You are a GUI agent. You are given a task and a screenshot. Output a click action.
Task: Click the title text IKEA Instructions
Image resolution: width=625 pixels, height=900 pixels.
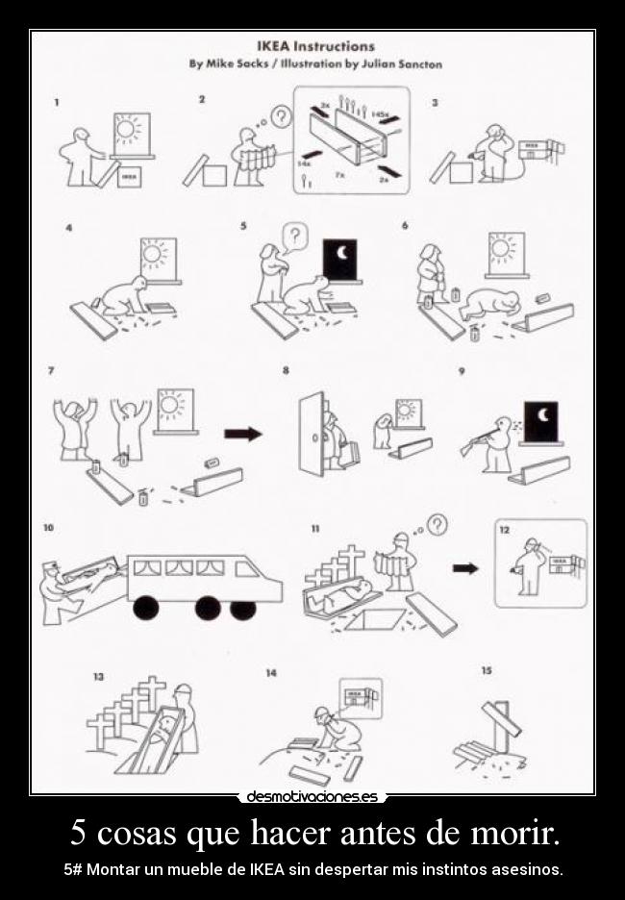pyautogui.click(x=314, y=45)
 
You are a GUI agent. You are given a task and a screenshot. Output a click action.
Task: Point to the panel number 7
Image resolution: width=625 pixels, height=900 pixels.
pyautogui.click(x=50, y=371)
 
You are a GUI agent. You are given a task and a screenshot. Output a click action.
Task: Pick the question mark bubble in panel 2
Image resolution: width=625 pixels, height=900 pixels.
pyautogui.click(x=280, y=117)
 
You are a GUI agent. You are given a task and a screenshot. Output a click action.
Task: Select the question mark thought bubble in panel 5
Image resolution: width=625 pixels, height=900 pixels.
pyautogui.click(x=296, y=236)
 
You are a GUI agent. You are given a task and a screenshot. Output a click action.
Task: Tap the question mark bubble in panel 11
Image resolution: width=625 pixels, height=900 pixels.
pyautogui.click(x=437, y=524)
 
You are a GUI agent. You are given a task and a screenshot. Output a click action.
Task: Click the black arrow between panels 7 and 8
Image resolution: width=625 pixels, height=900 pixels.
pyautogui.click(x=242, y=434)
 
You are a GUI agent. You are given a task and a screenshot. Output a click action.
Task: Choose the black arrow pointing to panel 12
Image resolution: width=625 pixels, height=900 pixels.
pyautogui.click(x=465, y=568)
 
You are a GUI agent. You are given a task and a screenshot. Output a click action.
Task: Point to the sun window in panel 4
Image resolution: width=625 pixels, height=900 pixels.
pyautogui.click(x=159, y=258)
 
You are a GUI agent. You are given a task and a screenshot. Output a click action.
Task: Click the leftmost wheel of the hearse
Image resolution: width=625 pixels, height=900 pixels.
pyautogui.click(x=147, y=608)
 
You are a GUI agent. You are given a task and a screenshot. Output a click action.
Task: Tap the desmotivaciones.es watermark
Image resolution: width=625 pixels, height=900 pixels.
pyautogui.click(x=312, y=796)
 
